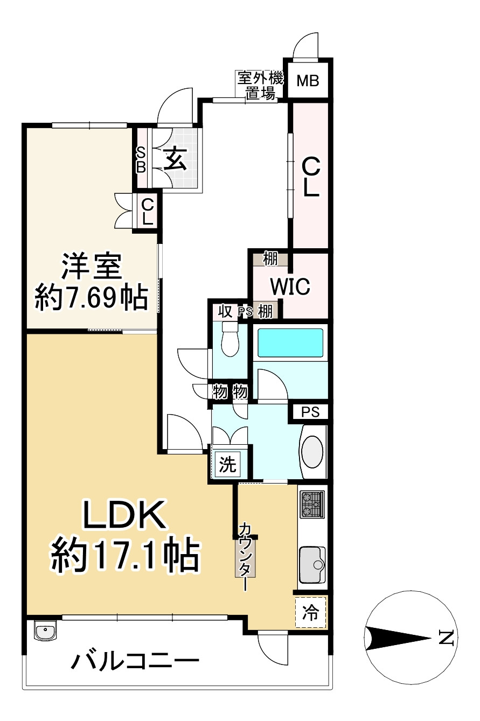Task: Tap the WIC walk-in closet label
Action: [290, 286]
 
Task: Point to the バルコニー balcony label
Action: [135, 661]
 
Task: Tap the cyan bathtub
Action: [290, 342]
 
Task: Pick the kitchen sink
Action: [312, 564]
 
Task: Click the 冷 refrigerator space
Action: [310, 612]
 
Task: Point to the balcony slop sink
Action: [45, 631]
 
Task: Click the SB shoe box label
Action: [141, 160]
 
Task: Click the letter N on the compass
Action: [445, 638]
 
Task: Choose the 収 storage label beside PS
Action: [225, 311]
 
